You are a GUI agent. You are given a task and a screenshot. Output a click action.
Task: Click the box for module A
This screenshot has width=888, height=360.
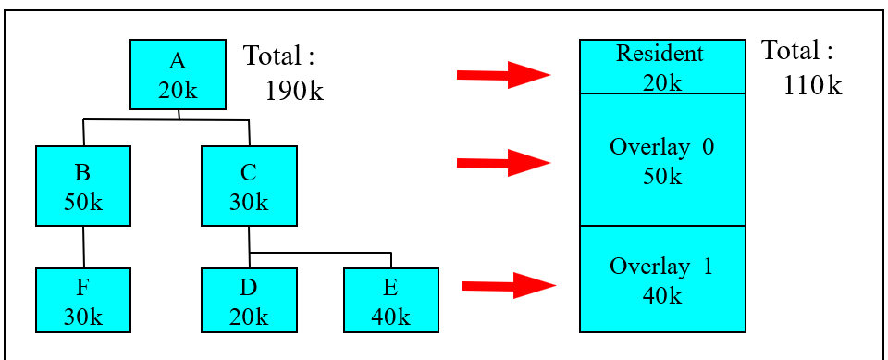pyautogui.click(x=178, y=76)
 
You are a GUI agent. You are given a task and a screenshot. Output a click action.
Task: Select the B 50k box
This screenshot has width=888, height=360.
pyautogui.click(x=82, y=186)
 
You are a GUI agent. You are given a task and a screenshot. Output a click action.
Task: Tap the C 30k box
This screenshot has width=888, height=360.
pyautogui.click(x=249, y=186)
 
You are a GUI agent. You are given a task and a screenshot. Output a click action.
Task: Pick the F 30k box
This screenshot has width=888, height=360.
pyautogui.click(x=82, y=300)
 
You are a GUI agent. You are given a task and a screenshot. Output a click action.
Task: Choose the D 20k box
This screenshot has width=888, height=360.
pyautogui.click(x=249, y=300)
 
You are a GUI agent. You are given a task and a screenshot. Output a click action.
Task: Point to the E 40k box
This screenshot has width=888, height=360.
pyautogui.click(x=390, y=300)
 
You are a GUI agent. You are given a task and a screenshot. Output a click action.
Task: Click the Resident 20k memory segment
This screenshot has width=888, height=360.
pyautogui.click(x=661, y=67)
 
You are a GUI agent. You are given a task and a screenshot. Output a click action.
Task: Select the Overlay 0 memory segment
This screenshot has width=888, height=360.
pyautogui.click(x=661, y=159)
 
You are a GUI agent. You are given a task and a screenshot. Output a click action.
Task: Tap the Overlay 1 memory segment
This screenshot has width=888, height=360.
pyautogui.click(x=661, y=279)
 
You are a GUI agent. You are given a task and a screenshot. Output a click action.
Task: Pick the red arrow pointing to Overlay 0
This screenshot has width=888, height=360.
pyautogui.click(x=503, y=164)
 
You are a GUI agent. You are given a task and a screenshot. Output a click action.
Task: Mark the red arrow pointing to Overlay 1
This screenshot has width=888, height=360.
pyautogui.click(x=508, y=286)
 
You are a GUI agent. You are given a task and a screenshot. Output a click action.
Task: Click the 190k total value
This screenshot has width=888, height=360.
pyautogui.click(x=294, y=91)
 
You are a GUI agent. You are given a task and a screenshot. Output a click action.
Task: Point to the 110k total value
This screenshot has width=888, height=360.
pyautogui.click(x=812, y=86)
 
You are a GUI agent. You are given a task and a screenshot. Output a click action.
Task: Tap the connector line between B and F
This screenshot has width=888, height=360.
pyautogui.click(x=83, y=246)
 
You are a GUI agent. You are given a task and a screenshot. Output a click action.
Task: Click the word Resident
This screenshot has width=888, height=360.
pyautogui.click(x=660, y=54)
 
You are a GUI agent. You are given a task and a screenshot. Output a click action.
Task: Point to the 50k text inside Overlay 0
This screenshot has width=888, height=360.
pyautogui.click(x=661, y=176)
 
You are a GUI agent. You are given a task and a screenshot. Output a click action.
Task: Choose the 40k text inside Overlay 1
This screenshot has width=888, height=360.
pyautogui.click(x=661, y=295)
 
